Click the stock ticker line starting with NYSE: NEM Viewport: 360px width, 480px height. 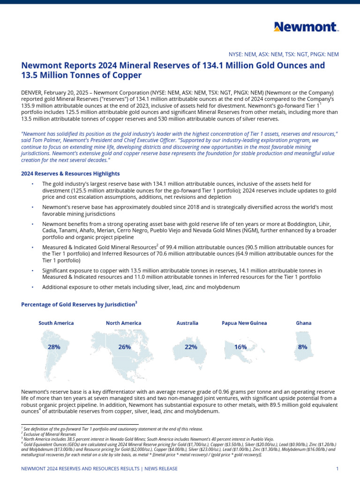[283, 54]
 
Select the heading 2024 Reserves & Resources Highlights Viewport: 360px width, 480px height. [70, 173]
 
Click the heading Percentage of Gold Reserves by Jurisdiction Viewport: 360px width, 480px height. [78, 305]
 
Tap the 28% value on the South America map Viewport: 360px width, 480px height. [54, 347]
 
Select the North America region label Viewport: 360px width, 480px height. [124, 323]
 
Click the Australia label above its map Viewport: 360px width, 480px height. [187, 323]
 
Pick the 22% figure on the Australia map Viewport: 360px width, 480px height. [191, 347]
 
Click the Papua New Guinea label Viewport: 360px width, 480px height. [244, 323]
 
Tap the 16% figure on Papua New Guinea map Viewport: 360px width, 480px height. [240, 347]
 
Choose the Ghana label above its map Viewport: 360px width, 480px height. [303, 323]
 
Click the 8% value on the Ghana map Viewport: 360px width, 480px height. [303, 347]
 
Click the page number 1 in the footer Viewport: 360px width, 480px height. [337, 469]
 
